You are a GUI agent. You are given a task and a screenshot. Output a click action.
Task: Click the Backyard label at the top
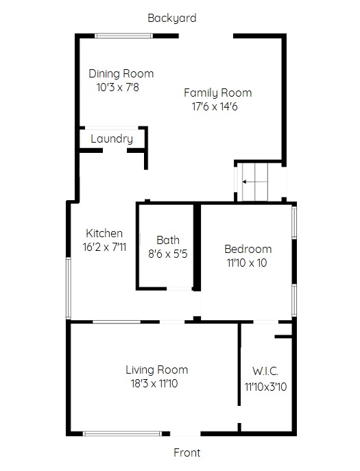point(172,19)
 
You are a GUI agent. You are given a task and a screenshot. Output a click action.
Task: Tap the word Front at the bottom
point(187,452)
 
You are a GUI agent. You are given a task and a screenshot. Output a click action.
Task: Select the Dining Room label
point(121,73)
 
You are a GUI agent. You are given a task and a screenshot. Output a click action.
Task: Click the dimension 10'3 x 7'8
point(118,87)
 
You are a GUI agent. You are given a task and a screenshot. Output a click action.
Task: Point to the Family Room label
point(217,93)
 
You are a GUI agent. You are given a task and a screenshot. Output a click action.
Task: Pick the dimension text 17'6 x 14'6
point(215,107)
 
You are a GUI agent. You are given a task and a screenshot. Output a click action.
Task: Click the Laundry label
point(112,138)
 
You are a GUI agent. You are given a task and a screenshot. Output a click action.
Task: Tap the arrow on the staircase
point(255,182)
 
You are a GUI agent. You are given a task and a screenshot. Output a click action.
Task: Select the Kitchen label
point(104,233)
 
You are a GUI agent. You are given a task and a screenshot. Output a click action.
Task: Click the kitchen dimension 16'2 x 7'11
point(104,247)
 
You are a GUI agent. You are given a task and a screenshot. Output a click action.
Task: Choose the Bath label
point(168,241)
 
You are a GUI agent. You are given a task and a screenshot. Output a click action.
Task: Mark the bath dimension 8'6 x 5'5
point(168,254)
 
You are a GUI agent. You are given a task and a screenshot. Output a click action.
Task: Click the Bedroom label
point(248,249)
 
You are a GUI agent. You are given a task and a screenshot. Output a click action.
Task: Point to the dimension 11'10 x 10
point(247,263)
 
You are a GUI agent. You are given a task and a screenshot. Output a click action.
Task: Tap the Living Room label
point(157,370)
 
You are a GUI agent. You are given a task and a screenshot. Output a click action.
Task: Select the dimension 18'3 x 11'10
point(154,384)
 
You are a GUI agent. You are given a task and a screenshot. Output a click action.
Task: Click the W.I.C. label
point(265,372)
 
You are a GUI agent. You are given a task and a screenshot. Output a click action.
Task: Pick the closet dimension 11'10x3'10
point(265,387)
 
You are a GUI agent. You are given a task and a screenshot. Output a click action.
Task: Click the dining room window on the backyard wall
point(124,36)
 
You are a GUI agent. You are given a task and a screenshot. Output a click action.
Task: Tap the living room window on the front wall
point(122,433)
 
